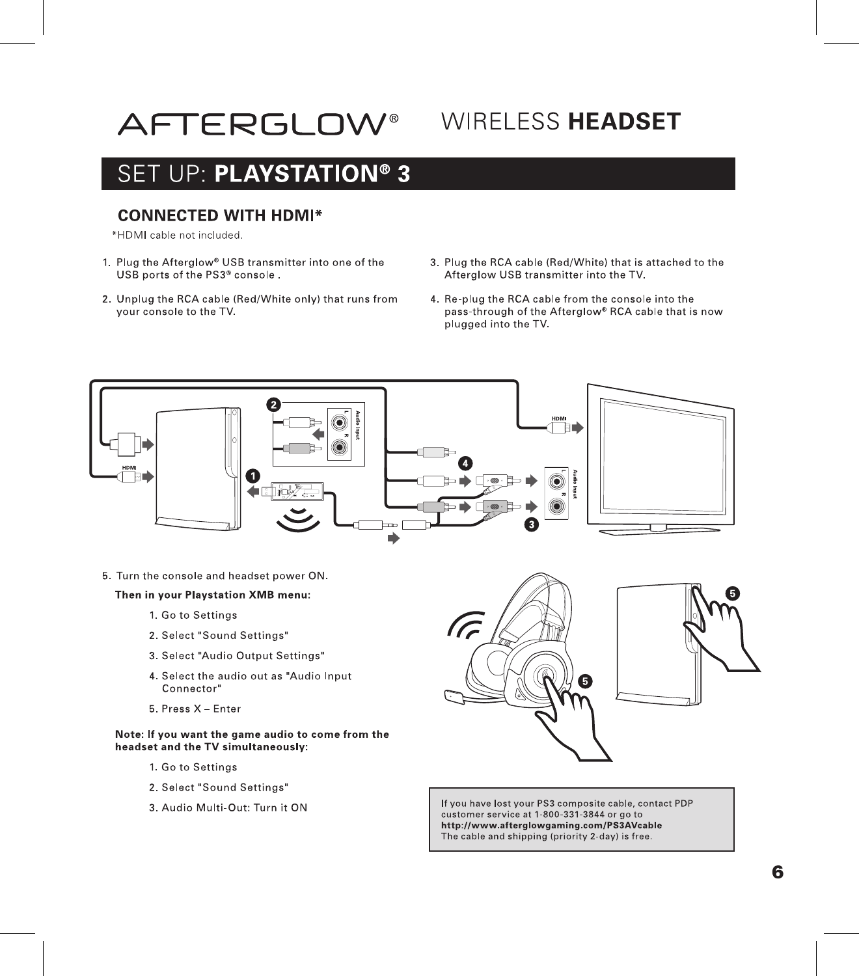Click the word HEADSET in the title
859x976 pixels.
(x=624, y=122)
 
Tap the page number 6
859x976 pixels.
(x=778, y=872)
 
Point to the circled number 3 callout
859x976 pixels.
(x=532, y=524)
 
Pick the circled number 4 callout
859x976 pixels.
(x=465, y=463)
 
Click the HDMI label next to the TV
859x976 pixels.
(x=559, y=418)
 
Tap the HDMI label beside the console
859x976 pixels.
(x=130, y=467)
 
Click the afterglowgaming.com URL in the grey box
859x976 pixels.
(x=552, y=825)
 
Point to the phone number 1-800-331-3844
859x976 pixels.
(x=569, y=814)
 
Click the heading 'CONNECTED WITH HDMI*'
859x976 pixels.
(x=219, y=215)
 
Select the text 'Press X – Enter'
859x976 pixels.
(x=200, y=709)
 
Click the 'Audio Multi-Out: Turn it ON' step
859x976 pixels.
(x=234, y=807)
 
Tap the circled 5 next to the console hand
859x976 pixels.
(x=733, y=593)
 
